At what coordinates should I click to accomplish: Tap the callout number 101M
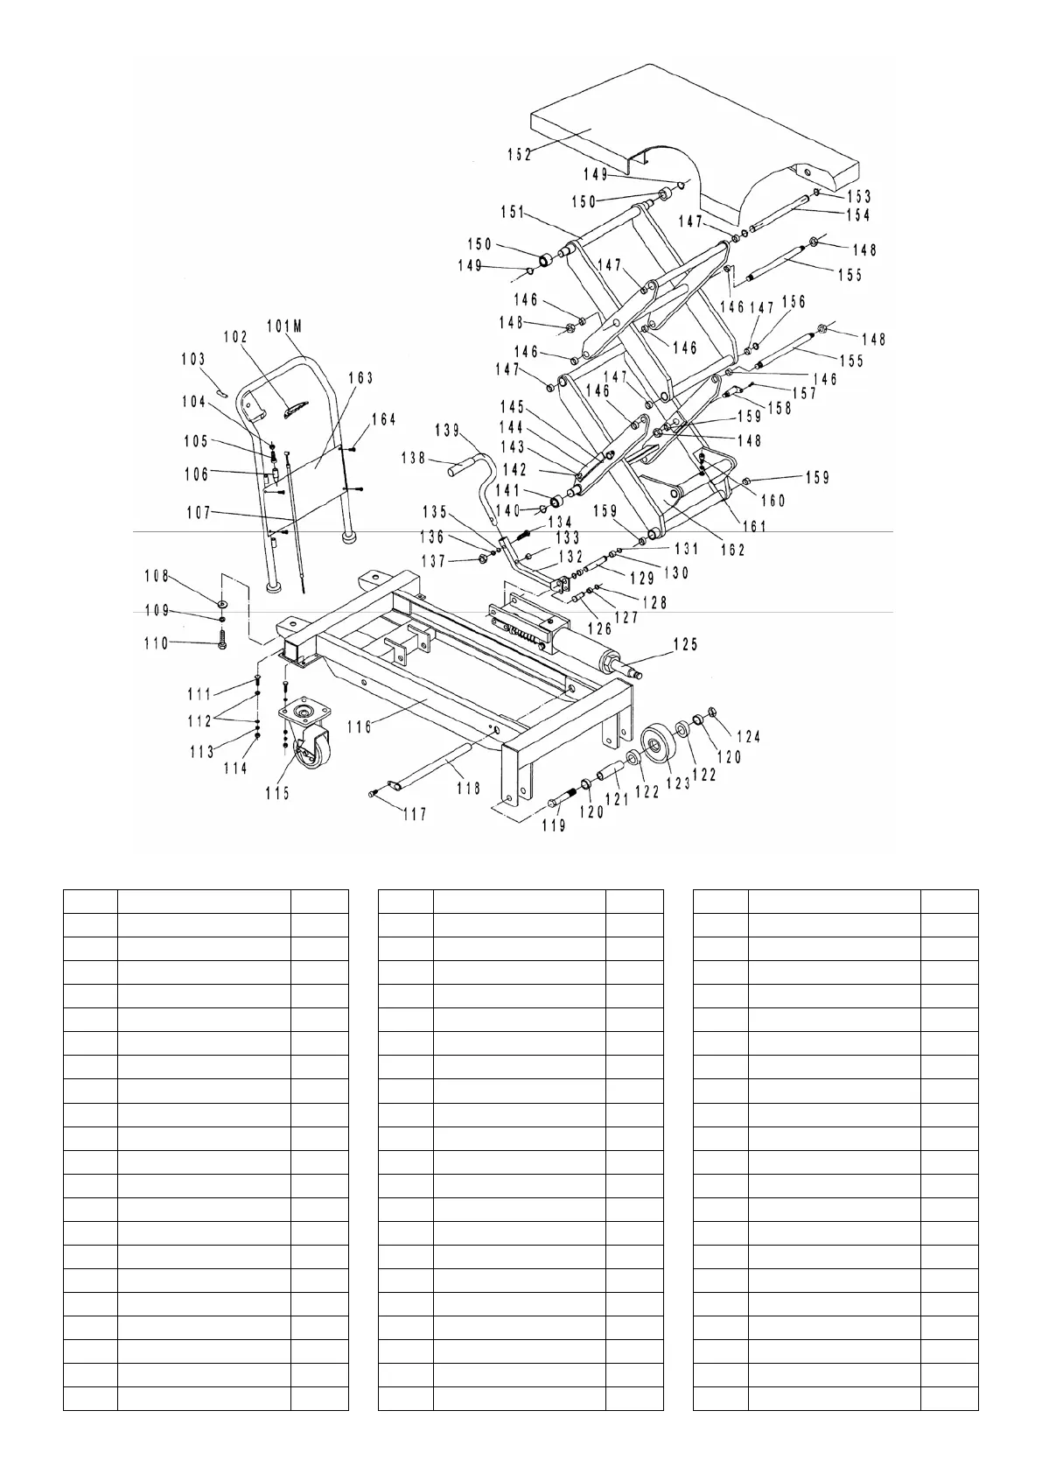point(284,327)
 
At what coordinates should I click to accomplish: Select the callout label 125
point(684,645)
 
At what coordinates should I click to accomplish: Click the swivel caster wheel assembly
point(304,735)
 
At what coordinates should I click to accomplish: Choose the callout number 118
point(468,789)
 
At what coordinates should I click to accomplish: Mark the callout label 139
point(447,430)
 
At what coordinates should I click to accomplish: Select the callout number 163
point(360,378)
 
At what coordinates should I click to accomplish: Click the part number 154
point(858,215)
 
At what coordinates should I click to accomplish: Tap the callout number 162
point(732,550)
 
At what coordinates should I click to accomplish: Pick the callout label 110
point(157,644)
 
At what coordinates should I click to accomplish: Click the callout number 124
point(747,737)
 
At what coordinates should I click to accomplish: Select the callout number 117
point(414,815)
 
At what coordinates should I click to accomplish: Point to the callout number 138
point(414,458)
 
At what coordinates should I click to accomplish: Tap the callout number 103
point(193,359)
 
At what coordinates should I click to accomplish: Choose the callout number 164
point(383,420)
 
